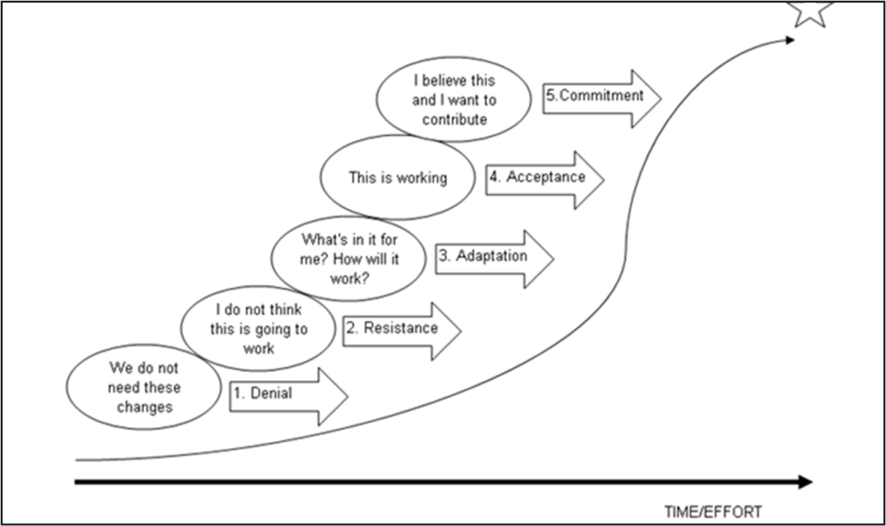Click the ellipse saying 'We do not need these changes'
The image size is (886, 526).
point(145,388)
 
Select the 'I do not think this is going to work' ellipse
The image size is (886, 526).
point(257,328)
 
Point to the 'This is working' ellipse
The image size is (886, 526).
point(398,178)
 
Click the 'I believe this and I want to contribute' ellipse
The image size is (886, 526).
point(455,100)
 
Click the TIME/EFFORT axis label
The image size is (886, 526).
point(713,511)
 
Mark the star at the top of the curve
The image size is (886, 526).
point(811,10)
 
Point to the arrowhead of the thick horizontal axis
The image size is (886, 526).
point(805,482)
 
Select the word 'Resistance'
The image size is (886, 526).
point(400,328)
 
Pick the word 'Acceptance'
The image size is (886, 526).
point(546,177)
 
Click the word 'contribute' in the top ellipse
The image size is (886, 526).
point(455,120)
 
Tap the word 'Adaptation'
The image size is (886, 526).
point(491,256)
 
